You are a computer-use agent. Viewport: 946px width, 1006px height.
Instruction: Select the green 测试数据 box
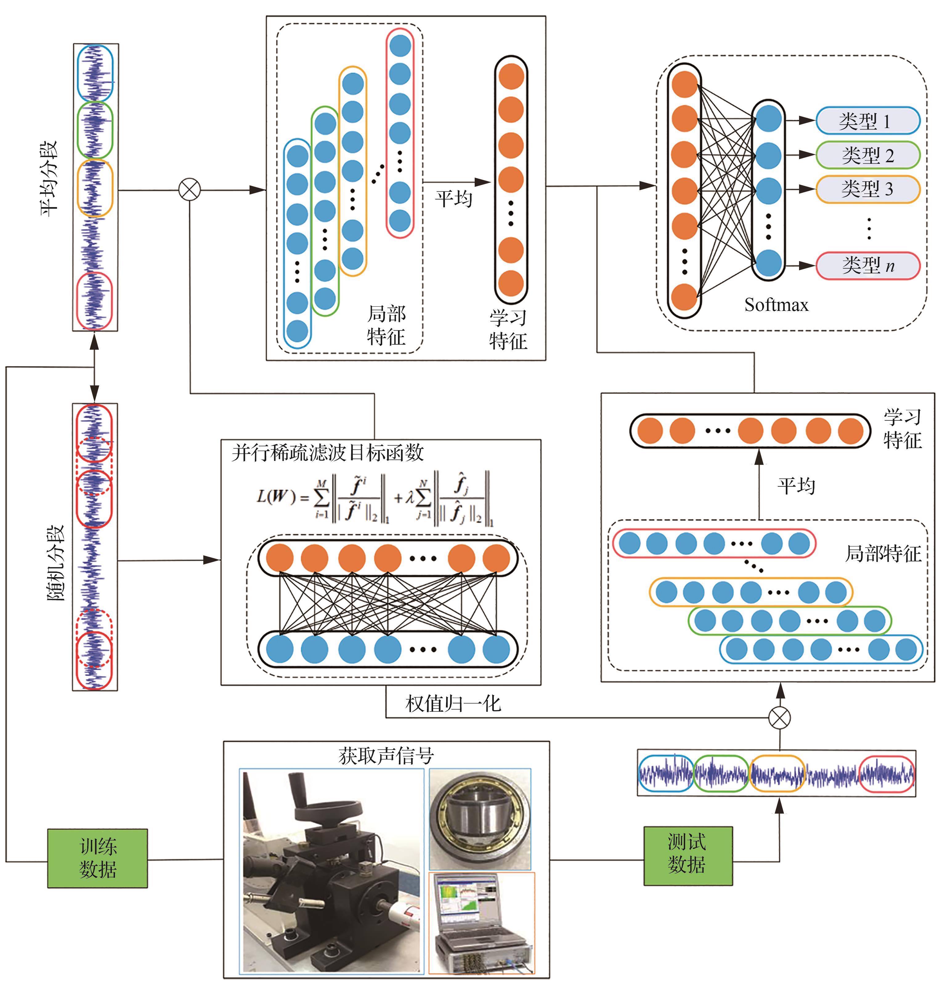[x=688, y=856]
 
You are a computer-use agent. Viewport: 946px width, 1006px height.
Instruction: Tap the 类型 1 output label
[x=867, y=121]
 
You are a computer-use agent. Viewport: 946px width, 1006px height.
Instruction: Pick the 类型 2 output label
[x=867, y=155]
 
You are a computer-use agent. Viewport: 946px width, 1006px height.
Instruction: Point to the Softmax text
[x=776, y=305]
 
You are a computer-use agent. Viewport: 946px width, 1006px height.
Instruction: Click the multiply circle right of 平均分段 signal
[x=189, y=190]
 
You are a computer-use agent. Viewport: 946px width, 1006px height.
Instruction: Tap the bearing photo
[x=480, y=819]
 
